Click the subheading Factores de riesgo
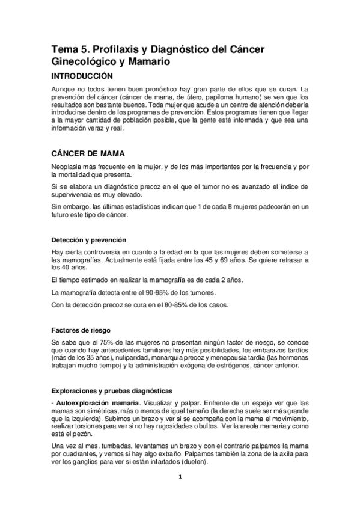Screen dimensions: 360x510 [x=81, y=330]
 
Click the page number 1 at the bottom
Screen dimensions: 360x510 [x=180, y=478]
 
